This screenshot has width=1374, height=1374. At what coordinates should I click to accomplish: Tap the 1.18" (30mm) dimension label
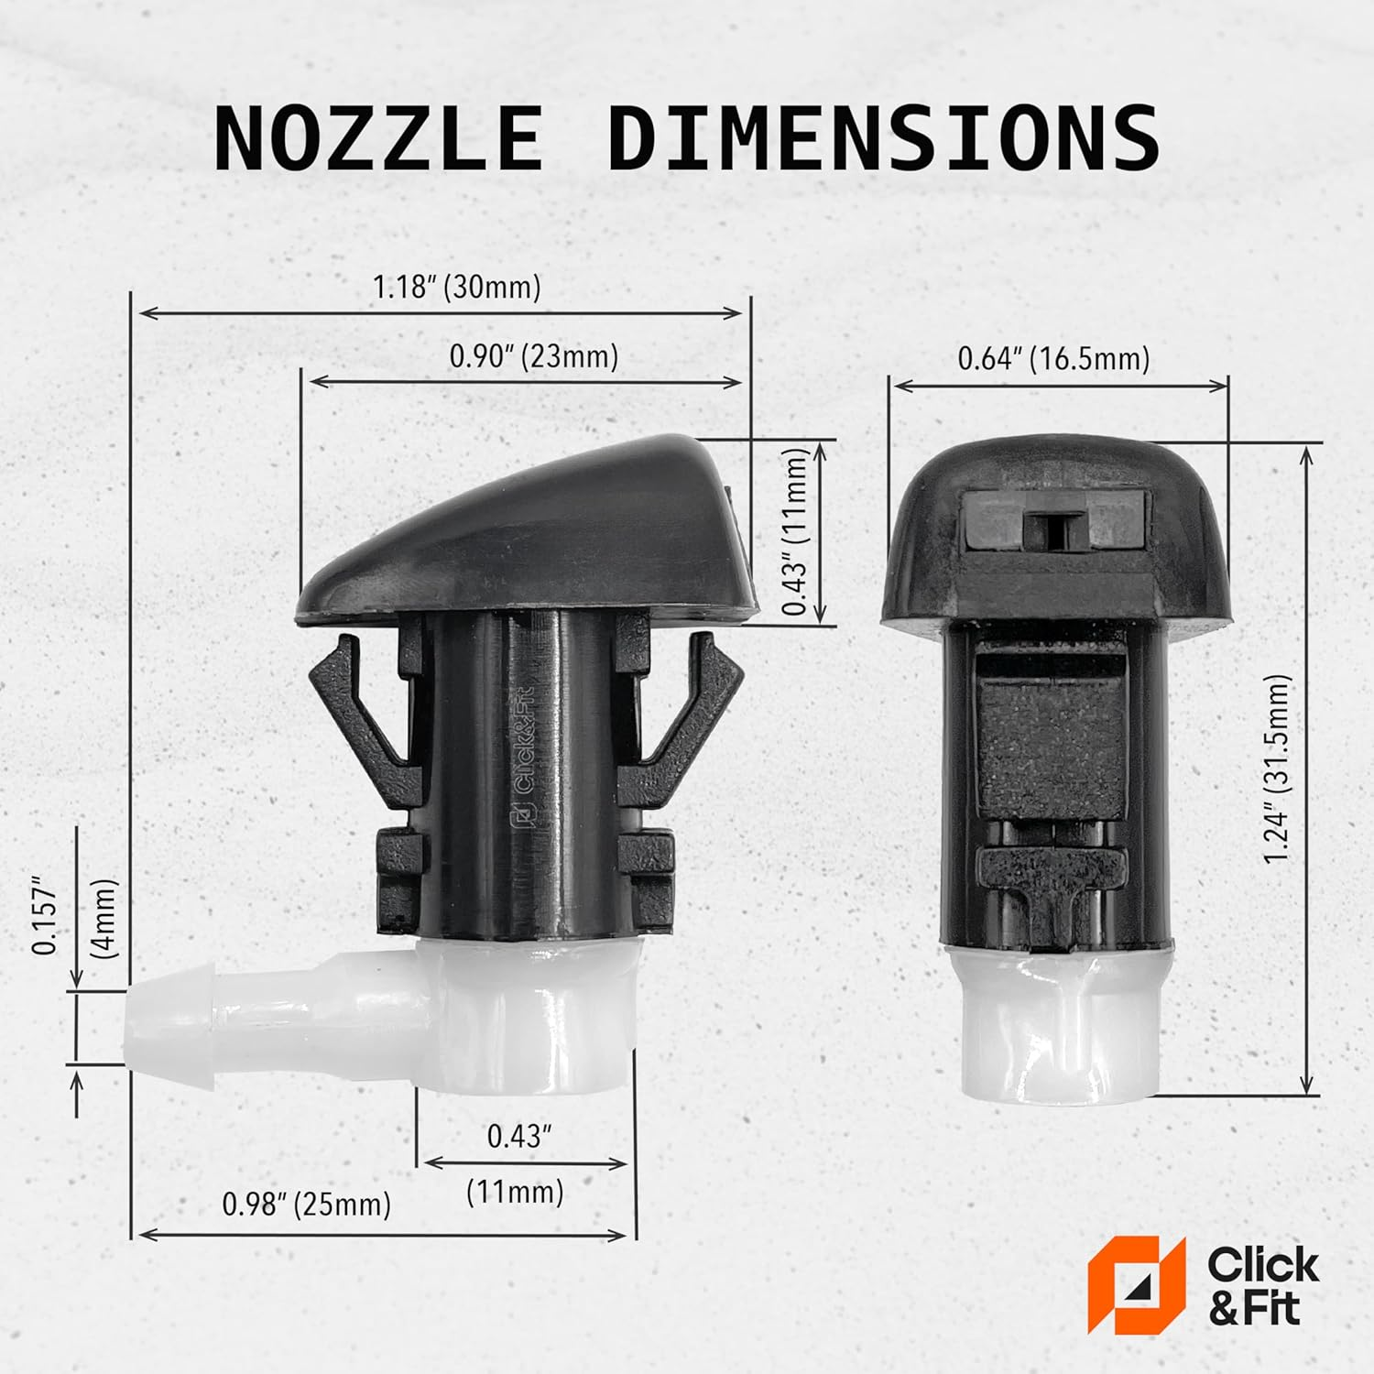coord(456,287)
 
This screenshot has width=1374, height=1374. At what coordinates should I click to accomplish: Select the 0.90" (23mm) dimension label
coord(533,356)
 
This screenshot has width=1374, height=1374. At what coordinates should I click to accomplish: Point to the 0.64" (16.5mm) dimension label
coord(1053,358)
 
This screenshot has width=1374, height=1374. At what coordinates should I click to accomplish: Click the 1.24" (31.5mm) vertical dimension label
coord(1276,769)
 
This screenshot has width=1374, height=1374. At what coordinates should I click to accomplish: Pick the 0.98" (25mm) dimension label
coord(306,1204)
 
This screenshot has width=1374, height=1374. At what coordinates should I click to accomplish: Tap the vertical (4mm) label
coord(105,918)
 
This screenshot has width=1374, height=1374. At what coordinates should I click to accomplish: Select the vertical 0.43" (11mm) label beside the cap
coord(796,532)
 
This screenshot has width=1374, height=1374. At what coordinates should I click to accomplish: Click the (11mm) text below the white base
coord(515,1192)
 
